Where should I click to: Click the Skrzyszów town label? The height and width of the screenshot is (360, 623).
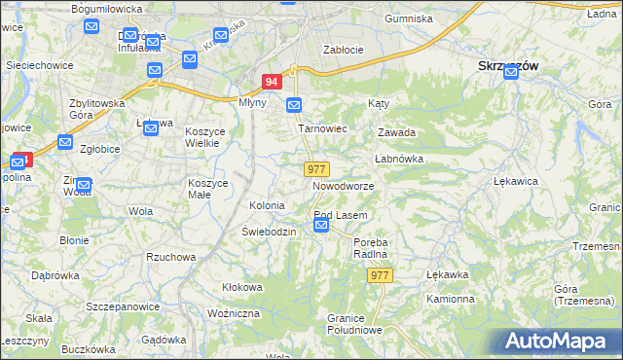pos(508,65)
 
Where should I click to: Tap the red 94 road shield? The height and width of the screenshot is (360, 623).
pos(273,84)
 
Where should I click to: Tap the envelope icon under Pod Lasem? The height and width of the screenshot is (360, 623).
pos(322,227)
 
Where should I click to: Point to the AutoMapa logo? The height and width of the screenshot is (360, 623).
pos(561,342)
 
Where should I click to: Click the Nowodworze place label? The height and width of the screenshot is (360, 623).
pos(343,185)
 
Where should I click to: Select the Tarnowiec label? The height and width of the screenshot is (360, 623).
pos(322,127)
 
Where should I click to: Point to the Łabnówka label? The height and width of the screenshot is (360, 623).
pos(397,159)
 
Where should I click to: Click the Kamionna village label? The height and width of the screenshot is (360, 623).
pos(450,299)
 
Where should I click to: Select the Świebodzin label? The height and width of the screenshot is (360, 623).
pos(269,232)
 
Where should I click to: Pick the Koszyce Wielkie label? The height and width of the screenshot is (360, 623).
pos(205,137)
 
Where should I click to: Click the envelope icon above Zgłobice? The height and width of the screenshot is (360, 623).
pos(65,143)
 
